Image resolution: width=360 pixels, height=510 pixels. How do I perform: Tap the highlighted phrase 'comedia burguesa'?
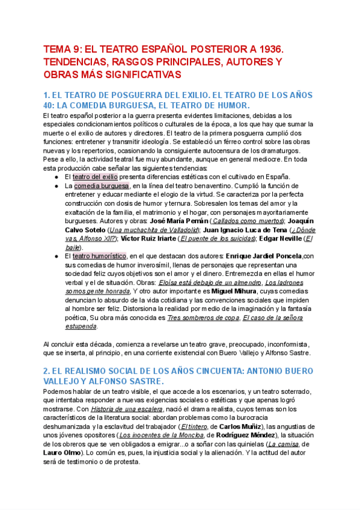[102, 186]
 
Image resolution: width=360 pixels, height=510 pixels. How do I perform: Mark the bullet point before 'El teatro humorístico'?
[56, 256]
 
